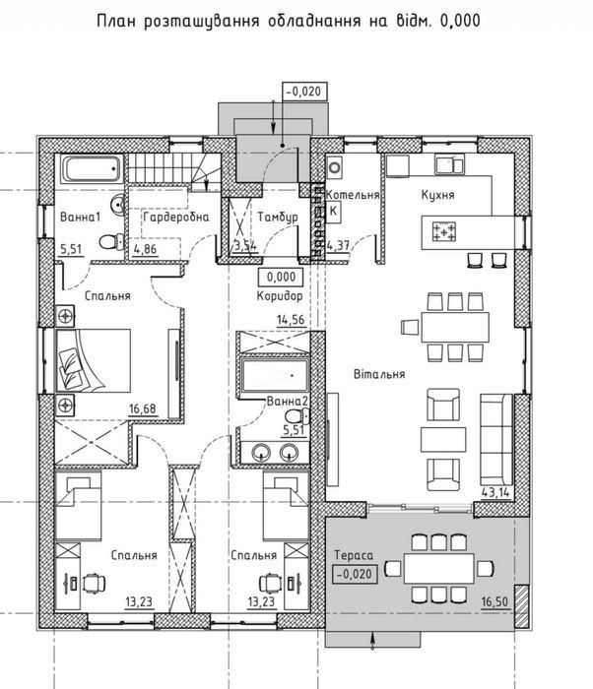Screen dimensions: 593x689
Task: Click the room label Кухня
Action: click(437, 194)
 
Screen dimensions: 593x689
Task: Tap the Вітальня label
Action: click(379, 374)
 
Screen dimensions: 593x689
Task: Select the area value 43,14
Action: click(495, 492)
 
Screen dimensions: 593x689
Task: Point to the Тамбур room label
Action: click(278, 217)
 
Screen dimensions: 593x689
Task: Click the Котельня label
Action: click(353, 195)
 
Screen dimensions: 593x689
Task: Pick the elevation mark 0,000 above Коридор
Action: click(281, 277)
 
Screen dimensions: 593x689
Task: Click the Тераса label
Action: click(354, 555)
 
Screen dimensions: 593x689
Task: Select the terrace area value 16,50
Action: click(495, 601)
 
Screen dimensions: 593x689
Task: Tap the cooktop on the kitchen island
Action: click(444, 231)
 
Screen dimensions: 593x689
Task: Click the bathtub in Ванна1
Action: click(92, 168)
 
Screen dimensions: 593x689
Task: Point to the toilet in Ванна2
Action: click(297, 415)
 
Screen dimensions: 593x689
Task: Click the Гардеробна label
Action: click(176, 217)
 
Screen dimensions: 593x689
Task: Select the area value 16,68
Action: click(143, 408)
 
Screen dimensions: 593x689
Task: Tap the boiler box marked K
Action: click(333, 211)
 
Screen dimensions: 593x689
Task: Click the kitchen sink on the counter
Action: click(449, 164)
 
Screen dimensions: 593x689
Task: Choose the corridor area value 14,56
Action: click(291, 320)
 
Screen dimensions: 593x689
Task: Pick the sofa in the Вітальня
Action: click(496, 439)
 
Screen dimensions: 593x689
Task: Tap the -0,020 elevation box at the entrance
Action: click(304, 92)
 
